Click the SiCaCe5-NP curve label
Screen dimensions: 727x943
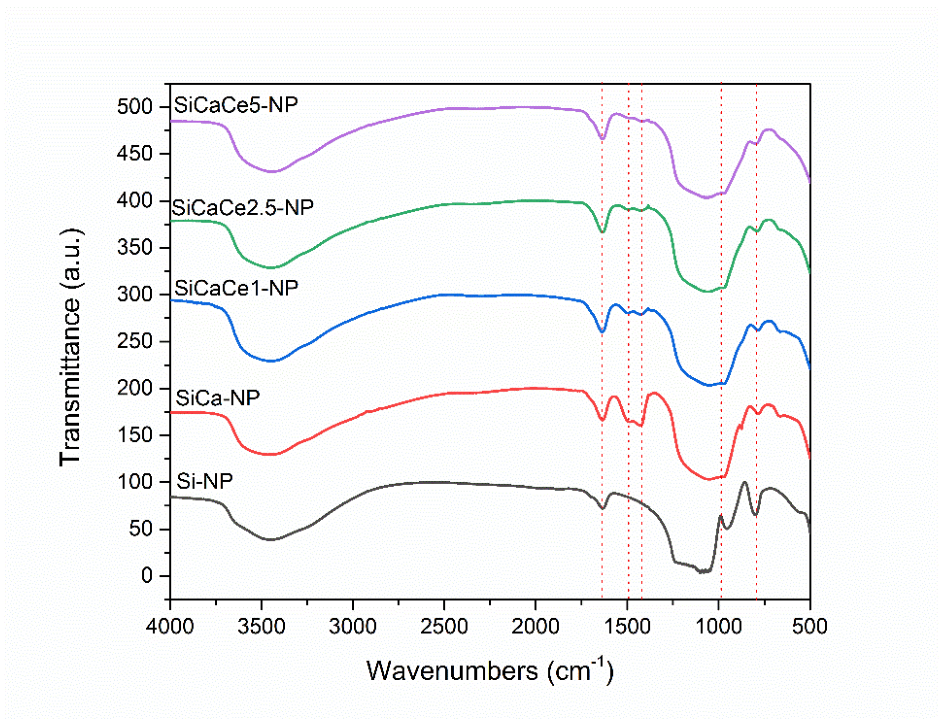236,105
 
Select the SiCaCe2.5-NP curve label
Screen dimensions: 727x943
242,208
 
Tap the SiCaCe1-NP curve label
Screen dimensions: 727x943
236,288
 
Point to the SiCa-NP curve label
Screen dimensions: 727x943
217,398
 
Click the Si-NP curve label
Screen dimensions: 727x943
204,481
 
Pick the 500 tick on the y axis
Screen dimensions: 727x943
135,106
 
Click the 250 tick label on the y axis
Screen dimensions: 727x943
135,341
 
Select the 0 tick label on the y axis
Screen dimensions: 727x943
147,576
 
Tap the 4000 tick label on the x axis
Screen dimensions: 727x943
169,627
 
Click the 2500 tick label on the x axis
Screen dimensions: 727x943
444,627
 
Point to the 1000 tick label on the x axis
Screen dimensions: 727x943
718,627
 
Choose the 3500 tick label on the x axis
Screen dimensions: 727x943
261,627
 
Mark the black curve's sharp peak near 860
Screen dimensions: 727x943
744,483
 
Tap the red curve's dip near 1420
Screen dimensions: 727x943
641,425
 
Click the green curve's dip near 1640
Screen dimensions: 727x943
602,232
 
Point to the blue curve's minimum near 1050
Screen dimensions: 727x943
709,385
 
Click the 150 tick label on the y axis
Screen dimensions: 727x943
135,435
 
